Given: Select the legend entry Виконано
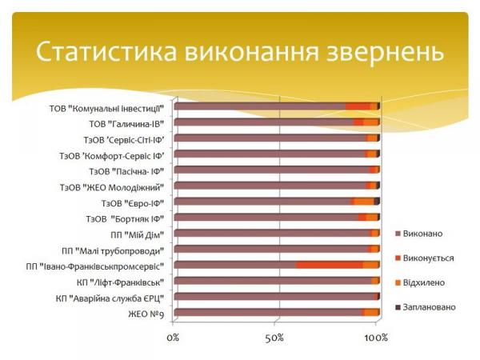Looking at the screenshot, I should click(423, 233).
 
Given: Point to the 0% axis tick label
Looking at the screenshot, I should click(173, 338).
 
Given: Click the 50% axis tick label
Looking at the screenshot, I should click(275, 338).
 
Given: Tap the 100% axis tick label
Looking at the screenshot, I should click(376, 338).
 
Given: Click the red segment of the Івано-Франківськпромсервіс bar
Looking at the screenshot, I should click(329, 265).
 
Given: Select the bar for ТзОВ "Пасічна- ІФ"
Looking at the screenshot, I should click(272, 170).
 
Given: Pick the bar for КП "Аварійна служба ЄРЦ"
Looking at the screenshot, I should click(272, 297).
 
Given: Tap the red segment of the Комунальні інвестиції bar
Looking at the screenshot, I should click(358, 106).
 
